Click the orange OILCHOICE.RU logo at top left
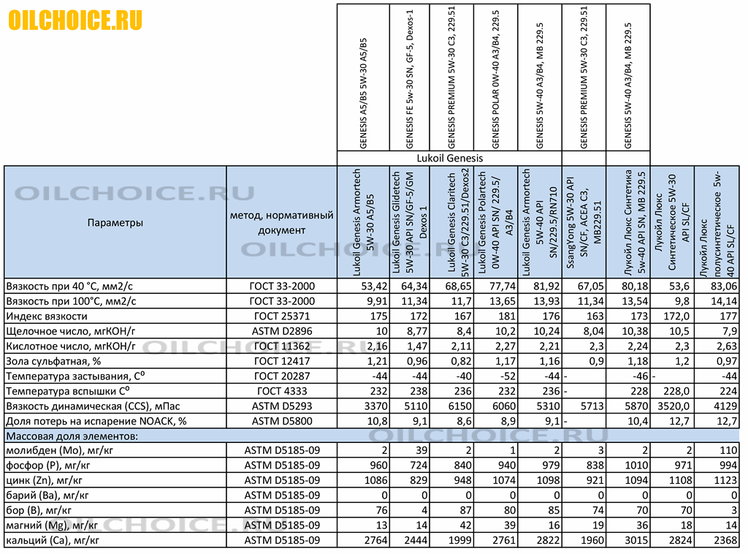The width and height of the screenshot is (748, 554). (x=75, y=20)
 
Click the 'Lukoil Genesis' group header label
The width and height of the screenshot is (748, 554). (x=449, y=158)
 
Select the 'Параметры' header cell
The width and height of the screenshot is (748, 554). (x=115, y=222)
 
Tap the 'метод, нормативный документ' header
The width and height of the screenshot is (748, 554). (x=282, y=222)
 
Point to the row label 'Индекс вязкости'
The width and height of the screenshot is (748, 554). (x=47, y=316)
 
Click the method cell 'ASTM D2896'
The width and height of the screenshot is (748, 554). (x=282, y=332)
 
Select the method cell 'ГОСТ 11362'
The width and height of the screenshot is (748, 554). (x=282, y=346)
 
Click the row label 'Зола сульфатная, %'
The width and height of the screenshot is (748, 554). (x=53, y=362)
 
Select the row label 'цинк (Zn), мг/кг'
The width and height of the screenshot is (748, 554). (x=47, y=481)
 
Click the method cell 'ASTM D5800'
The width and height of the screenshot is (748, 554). (x=282, y=421)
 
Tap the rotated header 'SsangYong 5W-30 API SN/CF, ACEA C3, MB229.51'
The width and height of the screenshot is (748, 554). (x=583, y=222)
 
